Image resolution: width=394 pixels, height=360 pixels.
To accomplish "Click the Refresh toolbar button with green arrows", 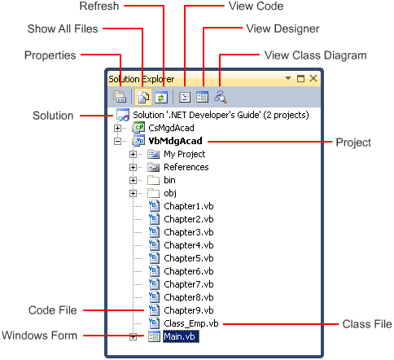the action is pos(161,97).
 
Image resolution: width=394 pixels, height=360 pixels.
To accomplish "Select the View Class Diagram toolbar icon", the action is pos(221,97).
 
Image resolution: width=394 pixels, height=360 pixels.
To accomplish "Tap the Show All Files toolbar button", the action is pos(143,97).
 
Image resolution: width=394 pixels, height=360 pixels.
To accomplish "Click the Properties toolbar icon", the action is pos(120,97).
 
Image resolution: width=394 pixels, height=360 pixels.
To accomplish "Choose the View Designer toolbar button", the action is pos(202,97).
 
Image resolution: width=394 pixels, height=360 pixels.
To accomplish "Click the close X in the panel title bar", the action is pos(313,78).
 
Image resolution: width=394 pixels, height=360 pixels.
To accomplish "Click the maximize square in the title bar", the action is pos(300,78).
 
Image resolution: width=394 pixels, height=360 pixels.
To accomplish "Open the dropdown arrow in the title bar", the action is pos(288,78).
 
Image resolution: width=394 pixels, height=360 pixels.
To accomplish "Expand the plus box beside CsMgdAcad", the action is pos(117,128).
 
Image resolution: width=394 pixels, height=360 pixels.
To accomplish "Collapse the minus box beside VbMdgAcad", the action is pos(117,141).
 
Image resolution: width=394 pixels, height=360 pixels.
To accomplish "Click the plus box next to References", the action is pos(133,167).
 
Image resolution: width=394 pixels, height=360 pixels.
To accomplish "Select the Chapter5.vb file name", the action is pos(189,258).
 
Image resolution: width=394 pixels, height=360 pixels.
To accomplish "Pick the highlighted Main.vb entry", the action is pos(181,336).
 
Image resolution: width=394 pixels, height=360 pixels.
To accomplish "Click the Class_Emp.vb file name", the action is pos(191,323).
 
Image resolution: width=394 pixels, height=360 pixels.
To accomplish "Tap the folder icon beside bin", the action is pos(153,180).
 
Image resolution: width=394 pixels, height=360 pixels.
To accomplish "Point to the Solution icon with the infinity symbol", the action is pos(123,115).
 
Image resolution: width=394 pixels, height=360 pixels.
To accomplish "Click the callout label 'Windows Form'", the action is pos(39,336).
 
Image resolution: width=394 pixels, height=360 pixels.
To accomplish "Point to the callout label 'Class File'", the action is pos(367,324).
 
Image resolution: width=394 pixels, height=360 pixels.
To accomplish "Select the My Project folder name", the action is pos(185,154).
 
